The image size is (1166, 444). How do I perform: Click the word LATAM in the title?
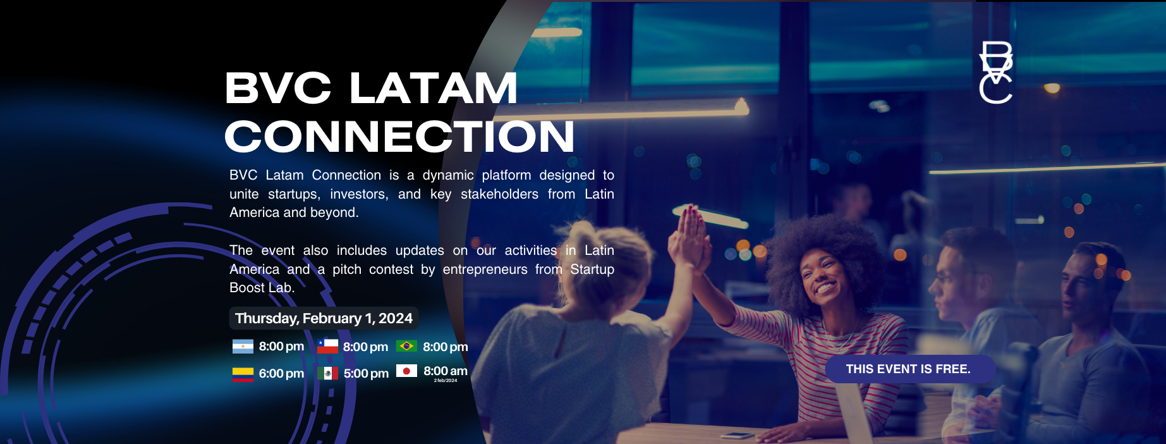[x=434, y=88]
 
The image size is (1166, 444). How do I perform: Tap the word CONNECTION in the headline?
[x=399, y=137]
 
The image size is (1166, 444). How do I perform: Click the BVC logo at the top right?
[x=995, y=72]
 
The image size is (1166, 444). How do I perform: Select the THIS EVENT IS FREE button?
[x=908, y=369]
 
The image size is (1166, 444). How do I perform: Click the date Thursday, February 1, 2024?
[x=324, y=318]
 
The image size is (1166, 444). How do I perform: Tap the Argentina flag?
[x=243, y=347]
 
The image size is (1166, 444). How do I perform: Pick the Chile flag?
[x=327, y=347]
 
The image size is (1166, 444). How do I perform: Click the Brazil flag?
[x=406, y=346]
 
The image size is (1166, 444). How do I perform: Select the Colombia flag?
[x=243, y=374]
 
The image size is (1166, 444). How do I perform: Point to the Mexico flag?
[x=327, y=373]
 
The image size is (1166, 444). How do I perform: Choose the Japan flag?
[x=406, y=371]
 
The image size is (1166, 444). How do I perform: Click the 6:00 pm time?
[x=281, y=374]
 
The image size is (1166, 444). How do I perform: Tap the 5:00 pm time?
[x=366, y=374]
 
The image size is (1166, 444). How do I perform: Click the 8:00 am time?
[x=446, y=371]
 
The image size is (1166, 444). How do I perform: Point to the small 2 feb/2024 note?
[x=446, y=381]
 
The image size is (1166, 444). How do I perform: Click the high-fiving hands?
[x=689, y=237]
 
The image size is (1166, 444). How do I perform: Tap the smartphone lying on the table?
[x=737, y=435]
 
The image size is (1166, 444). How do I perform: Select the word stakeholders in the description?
[x=499, y=194]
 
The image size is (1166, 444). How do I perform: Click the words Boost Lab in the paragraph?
[x=262, y=288]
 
